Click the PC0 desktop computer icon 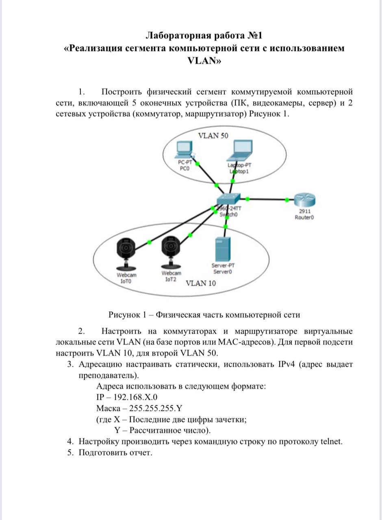(184, 150)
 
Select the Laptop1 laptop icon (240, 150)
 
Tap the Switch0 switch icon (228, 199)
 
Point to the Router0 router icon (304, 200)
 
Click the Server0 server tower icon (223, 249)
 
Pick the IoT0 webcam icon (126, 254)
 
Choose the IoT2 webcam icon (171, 253)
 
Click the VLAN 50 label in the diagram (213, 136)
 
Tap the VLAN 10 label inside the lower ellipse (201, 283)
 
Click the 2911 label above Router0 (305, 211)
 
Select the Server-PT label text (223, 265)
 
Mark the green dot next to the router (287, 199)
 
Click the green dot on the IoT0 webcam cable (149, 243)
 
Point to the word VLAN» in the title (204, 61)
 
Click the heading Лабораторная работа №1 (204, 35)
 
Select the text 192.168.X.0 (135, 397)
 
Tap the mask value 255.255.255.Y (156, 408)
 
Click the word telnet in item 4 (331, 441)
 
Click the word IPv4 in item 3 (286, 364)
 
